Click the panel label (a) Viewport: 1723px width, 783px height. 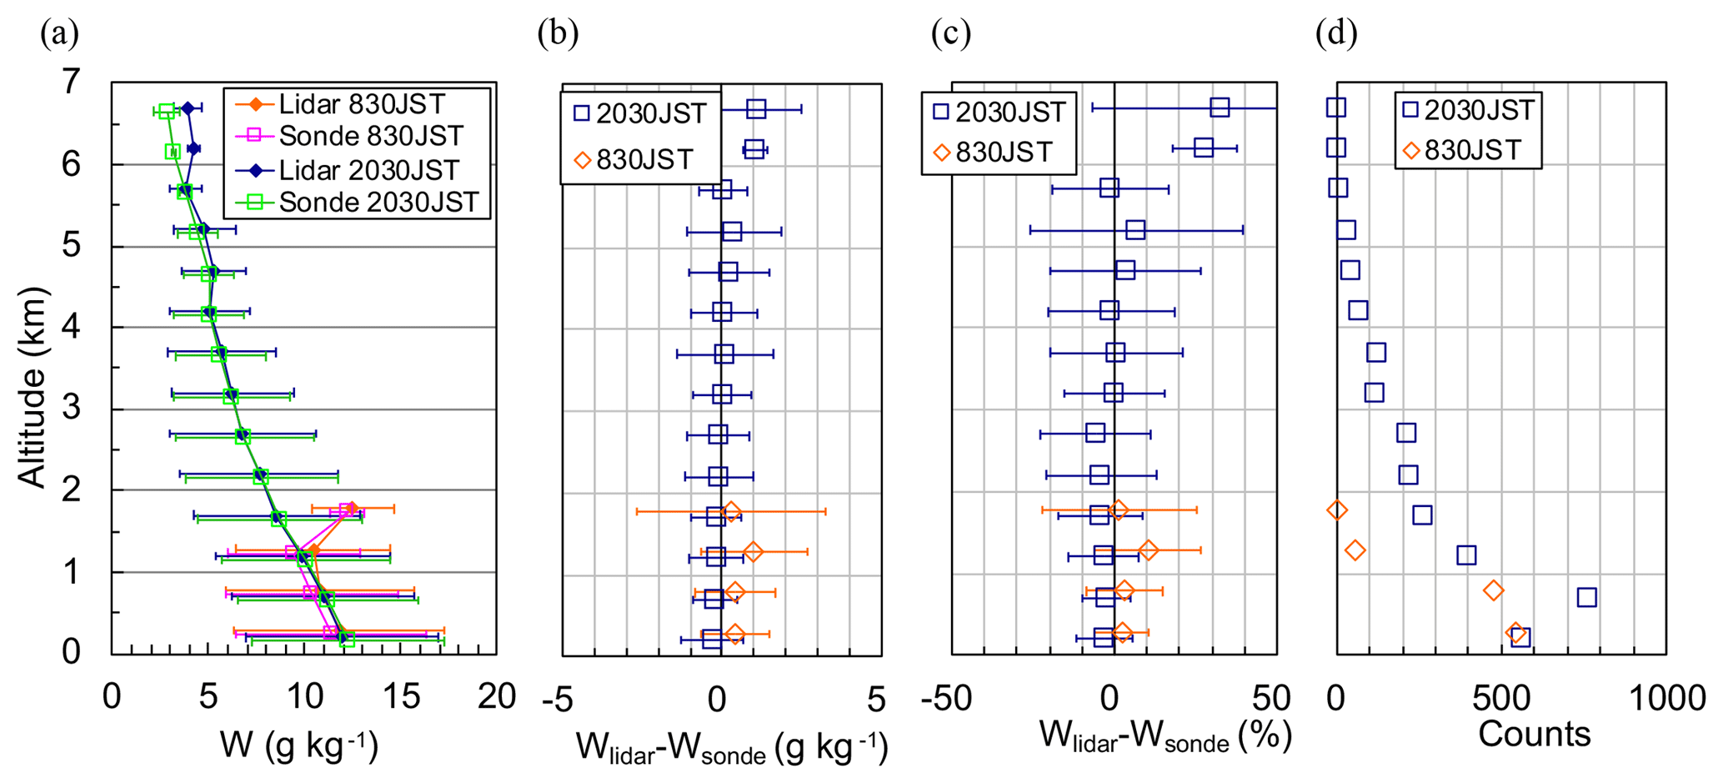click(60, 34)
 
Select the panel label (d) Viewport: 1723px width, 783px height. click(1336, 34)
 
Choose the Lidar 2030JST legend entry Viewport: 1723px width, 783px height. click(368, 170)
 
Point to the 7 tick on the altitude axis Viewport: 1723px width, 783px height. click(72, 82)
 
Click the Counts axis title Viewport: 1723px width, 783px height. click(1534, 734)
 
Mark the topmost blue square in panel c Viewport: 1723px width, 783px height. click(1220, 107)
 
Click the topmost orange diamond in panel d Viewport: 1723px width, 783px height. click(1337, 509)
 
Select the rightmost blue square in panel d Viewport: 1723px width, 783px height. click(1586, 597)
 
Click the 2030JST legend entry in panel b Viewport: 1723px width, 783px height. click(640, 113)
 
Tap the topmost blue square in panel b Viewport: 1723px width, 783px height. click(756, 108)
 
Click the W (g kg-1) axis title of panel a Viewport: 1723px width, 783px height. click(299, 744)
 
